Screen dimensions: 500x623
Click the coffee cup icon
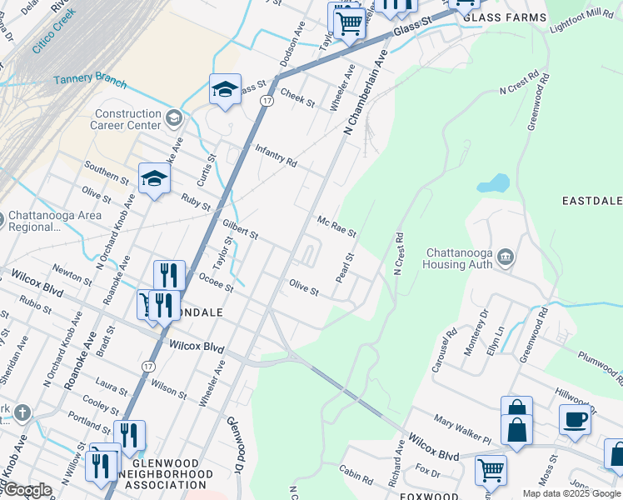pyautogui.click(x=574, y=419)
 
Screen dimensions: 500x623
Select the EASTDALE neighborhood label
pyautogui.click(x=591, y=202)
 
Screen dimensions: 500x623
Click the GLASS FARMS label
pyautogui.click(x=505, y=17)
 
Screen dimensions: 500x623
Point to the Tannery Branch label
pyautogui.click(x=90, y=82)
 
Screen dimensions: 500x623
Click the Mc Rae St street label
pyautogui.click(x=336, y=225)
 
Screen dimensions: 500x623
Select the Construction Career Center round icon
pyautogui.click(x=173, y=117)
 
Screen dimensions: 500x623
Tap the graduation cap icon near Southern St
pyautogui.click(x=154, y=178)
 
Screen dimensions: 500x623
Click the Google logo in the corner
pyautogui.click(x=27, y=490)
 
